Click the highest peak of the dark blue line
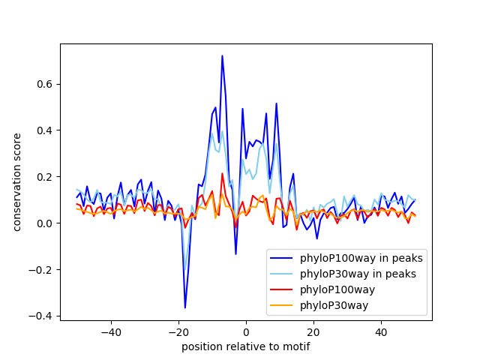click(222, 55)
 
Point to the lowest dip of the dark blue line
click(185, 307)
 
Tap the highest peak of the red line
click(222, 173)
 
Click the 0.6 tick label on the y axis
click(45, 84)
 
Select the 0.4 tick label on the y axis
click(45, 130)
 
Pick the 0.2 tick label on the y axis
click(45, 177)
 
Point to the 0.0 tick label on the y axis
click(45, 223)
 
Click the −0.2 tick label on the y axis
click(41, 270)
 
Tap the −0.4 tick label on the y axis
click(41, 316)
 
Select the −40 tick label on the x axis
click(111, 331)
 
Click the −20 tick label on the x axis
click(178, 331)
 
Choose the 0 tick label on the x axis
click(246, 331)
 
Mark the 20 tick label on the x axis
click(313, 331)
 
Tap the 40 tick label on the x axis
click(382, 331)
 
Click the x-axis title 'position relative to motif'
click(246, 346)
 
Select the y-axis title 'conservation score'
click(16, 182)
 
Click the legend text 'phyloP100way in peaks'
click(361, 258)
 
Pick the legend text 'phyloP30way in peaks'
click(358, 274)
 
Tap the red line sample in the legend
click(281, 289)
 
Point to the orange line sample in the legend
click(281, 305)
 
